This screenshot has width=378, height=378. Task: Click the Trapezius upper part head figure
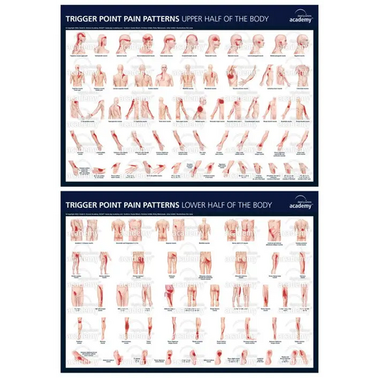[79, 43]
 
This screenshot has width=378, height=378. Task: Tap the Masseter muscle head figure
[213, 43]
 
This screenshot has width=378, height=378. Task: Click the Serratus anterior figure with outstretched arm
[234, 75]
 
